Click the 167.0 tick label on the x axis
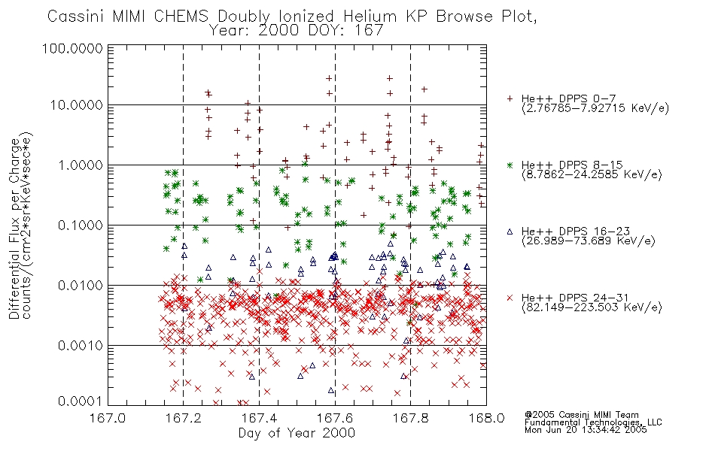[108, 418]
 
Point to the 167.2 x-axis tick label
[184, 418]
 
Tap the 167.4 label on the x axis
[259, 418]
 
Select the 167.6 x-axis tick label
[335, 418]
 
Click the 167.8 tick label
[411, 418]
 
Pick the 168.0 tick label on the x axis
[486, 418]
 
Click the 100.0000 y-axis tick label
[72, 49]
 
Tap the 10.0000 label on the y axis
[76, 106]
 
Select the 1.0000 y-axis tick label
[80, 165]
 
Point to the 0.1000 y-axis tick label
[80, 225]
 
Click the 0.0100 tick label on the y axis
[80, 286]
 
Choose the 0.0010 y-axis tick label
[80, 346]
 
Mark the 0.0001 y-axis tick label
[80, 401]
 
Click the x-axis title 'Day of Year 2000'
[297, 433]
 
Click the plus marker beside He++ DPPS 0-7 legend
[510, 98]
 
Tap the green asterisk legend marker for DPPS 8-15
[510, 165]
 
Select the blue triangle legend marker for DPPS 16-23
[510, 232]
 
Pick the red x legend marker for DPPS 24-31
[510, 298]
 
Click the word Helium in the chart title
[370, 17]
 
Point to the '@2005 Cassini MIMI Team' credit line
[581, 415]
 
